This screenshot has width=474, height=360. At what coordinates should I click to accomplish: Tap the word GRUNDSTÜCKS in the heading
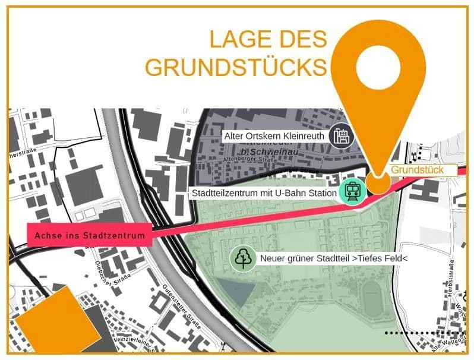[236, 67]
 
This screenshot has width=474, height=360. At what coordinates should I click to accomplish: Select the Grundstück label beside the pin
[417, 170]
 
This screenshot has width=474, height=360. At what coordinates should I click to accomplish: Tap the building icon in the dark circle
[341, 137]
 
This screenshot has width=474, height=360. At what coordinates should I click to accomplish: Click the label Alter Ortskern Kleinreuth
[274, 137]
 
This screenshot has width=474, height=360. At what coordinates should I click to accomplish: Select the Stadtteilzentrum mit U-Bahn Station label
[263, 193]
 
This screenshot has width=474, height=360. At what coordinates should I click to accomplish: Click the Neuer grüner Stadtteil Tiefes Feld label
[333, 259]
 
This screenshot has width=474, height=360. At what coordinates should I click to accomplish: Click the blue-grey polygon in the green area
[234, 292]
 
